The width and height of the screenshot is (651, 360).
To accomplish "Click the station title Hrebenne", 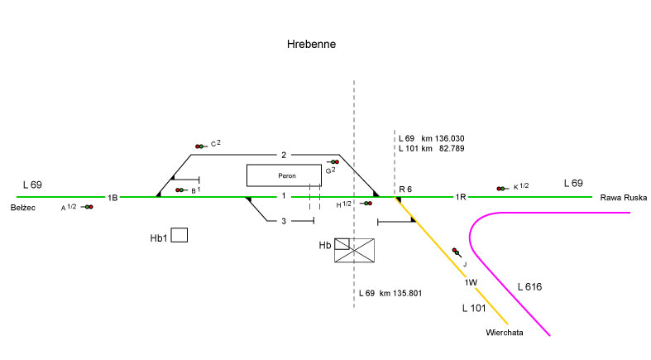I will [311, 44].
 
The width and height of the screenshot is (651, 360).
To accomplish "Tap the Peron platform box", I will [284, 175].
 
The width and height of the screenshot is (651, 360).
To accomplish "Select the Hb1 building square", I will [179, 235].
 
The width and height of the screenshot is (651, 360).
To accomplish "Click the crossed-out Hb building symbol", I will [354, 251].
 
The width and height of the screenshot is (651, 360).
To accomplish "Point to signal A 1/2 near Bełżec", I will [87, 207].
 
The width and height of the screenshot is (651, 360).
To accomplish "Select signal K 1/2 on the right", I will [501, 188].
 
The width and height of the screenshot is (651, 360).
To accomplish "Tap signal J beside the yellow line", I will [456, 252].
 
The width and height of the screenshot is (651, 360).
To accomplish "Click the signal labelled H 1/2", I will [366, 203].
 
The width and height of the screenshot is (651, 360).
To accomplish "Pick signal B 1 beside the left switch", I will [180, 190].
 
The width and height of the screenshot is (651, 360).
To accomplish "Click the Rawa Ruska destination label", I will [624, 198].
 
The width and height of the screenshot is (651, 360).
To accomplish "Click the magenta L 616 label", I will [530, 287].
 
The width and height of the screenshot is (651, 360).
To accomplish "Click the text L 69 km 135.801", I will [391, 294].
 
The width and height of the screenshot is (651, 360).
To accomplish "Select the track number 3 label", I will [283, 221].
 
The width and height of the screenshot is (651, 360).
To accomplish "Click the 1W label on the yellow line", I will [470, 283].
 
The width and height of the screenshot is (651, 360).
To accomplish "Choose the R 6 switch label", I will [405, 190].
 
